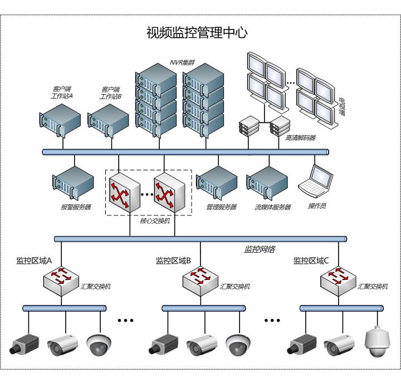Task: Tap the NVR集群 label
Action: [x=180, y=64]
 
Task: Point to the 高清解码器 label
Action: [x=300, y=137]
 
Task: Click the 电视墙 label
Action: [x=341, y=109]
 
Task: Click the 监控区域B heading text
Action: [x=174, y=260]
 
